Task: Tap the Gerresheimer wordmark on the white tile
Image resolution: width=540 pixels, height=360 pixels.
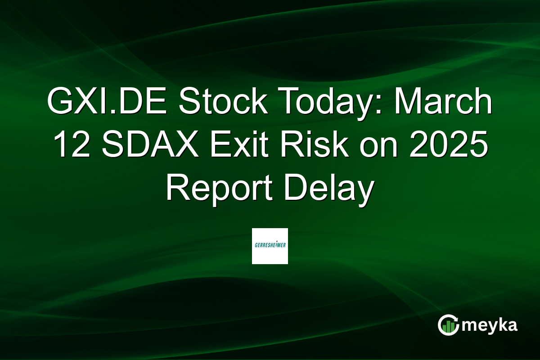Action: pos(270,245)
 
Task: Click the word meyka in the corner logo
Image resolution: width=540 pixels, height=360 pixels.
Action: pos(489,325)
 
